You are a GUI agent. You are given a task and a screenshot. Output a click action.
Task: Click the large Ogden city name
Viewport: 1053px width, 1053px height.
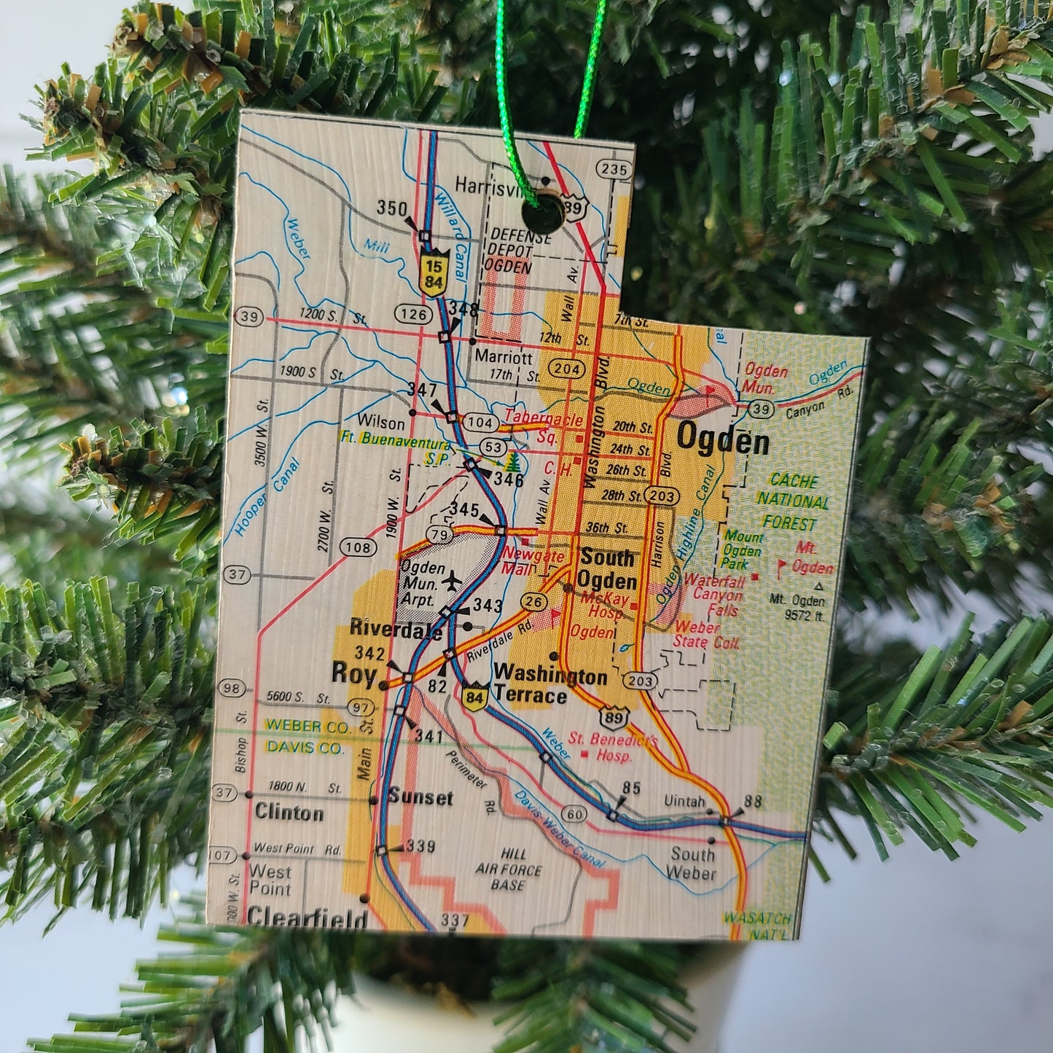[722, 439]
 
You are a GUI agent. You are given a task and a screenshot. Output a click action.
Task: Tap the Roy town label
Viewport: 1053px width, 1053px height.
[353, 672]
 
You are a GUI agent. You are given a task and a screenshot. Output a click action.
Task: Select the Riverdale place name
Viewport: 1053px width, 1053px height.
[395, 627]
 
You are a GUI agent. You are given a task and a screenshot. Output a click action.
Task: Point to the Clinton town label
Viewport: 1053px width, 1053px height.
[289, 813]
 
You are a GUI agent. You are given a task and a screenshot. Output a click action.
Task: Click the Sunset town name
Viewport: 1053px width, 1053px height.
[420, 797]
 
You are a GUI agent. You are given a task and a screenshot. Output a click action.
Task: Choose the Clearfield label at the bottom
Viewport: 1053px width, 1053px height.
[307, 917]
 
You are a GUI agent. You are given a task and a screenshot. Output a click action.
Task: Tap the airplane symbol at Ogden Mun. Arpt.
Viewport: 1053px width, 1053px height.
[452, 581]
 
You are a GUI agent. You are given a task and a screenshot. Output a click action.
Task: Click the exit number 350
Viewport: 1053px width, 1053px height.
[391, 208]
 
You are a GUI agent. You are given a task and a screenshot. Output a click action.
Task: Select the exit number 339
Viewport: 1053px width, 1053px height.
[420, 846]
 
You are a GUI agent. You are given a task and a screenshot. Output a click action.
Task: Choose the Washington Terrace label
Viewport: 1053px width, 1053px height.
[551, 686]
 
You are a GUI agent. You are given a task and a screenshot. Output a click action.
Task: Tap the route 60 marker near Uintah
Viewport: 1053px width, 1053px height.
[575, 813]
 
